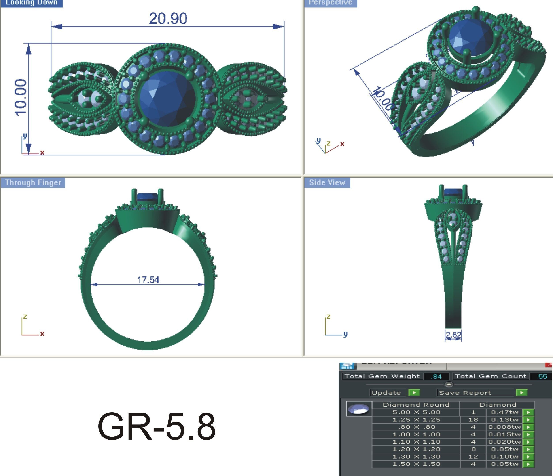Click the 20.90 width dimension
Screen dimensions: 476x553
[x=168, y=19]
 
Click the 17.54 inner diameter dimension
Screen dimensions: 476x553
[x=148, y=280]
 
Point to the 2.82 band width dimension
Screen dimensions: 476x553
[x=453, y=335]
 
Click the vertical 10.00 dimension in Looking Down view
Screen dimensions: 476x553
[x=21, y=97]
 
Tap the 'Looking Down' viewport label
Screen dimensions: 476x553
[x=32, y=3]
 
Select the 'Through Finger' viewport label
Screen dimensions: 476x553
[x=33, y=182]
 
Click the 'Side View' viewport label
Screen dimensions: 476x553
[x=327, y=182]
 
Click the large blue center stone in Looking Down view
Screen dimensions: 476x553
[x=167, y=99]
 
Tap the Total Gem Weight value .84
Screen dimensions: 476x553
[x=436, y=376]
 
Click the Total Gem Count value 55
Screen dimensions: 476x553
[x=542, y=376]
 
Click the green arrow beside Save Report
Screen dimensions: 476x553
[x=521, y=392]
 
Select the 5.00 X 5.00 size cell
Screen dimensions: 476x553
[x=416, y=412]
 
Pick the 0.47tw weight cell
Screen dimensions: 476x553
[x=504, y=412]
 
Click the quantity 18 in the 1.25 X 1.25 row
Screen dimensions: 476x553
[x=473, y=420]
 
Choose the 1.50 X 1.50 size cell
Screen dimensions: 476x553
[x=416, y=464]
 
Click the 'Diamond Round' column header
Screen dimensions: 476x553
[x=416, y=405]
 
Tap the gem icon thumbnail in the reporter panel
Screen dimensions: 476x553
[x=359, y=409]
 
